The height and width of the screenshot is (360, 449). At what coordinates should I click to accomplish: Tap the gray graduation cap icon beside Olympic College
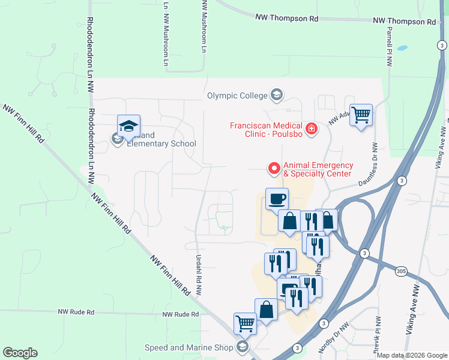[277, 95]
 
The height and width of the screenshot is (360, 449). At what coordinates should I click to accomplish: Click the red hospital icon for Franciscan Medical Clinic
[311, 128]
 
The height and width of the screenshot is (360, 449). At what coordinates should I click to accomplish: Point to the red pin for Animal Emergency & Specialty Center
[274, 169]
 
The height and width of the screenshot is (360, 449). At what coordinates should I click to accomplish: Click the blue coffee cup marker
[277, 199]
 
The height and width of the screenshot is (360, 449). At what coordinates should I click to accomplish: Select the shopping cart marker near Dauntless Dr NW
[361, 115]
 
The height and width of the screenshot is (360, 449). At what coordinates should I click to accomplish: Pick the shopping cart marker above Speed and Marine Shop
[245, 323]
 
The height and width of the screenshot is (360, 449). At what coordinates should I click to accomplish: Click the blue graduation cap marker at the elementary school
[128, 125]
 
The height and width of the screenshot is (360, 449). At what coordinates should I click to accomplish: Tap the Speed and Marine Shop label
[188, 347]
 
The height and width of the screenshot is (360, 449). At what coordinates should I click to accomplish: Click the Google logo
[20, 353]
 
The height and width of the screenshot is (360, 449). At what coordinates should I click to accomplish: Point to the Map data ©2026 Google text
[412, 355]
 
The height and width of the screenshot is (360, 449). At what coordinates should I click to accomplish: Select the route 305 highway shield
[402, 272]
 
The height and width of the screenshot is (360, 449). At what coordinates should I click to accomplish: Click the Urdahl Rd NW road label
[197, 275]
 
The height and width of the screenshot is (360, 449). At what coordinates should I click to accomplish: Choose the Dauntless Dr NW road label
[368, 164]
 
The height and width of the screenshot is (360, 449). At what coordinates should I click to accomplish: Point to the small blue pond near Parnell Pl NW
[402, 47]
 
